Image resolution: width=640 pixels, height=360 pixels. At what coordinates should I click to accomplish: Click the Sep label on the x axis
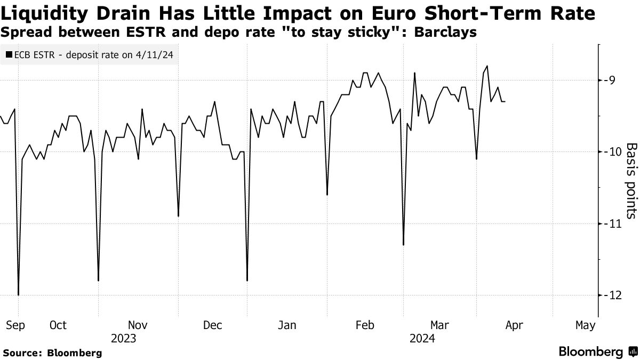click(x=15, y=325)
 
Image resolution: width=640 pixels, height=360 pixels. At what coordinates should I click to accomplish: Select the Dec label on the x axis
click(x=212, y=325)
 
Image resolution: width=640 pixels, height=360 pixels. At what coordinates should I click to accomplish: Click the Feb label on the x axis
click(x=365, y=325)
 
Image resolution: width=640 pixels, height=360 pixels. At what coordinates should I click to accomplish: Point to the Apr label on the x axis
click(x=514, y=325)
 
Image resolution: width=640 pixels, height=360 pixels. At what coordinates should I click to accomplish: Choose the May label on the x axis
click(x=585, y=325)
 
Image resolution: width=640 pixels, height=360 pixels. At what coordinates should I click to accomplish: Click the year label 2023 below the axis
click(x=123, y=338)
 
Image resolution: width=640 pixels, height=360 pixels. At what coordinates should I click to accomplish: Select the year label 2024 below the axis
click(x=422, y=338)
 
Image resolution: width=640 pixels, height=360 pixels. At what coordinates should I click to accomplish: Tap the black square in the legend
click(x=9, y=54)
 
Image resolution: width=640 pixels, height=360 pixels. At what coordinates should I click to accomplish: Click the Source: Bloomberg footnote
click(x=52, y=353)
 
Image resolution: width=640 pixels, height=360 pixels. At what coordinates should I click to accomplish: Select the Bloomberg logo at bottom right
click(x=597, y=352)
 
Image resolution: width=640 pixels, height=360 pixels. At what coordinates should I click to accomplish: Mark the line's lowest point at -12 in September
click(x=19, y=295)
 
